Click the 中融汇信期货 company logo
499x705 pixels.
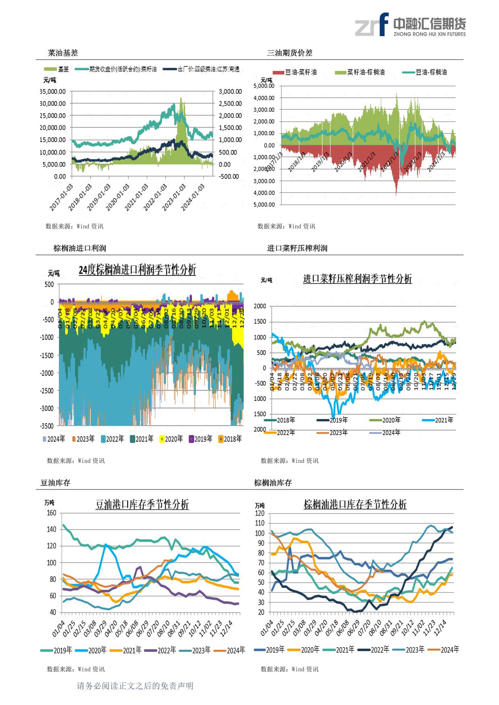tap(410, 25)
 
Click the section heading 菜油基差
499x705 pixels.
tap(63, 53)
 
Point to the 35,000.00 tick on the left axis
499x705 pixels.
tap(53, 91)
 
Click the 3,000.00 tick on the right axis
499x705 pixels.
tap(230, 91)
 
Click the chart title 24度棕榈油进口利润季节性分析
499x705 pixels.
tap(137, 270)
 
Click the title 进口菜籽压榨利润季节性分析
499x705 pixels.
tap(357, 279)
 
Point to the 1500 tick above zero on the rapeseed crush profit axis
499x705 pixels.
tap(260, 322)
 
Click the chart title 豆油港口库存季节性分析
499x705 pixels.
tap(142, 505)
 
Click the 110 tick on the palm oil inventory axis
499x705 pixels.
tap(259, 523)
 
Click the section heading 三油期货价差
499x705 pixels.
tap(290, 53)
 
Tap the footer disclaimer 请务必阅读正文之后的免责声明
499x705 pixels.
tap(135, 686)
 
